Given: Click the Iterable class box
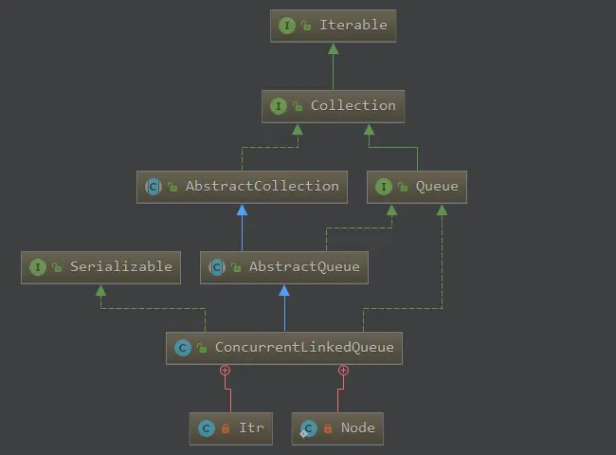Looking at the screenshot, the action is pos(334,26).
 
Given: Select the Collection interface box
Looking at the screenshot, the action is pos(334,106).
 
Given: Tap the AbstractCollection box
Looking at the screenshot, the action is pos(243,187).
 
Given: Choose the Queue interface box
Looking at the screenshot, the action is pos(417,187).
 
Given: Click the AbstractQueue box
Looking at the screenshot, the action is pos(284,267).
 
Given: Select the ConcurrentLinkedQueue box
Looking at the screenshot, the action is pos(284,348).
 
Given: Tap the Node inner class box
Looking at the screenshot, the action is pos(337,428).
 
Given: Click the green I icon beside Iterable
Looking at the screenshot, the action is pos(287,26).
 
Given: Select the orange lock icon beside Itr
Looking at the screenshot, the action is pos(226,428).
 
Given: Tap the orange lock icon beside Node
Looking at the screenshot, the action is pos(328,428).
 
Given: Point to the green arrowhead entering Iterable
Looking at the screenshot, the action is pos(334,47).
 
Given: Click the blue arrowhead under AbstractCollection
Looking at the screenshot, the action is pos(243,209).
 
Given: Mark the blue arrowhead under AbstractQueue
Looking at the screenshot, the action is pos(284,289).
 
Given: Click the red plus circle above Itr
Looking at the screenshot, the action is pos(225,370).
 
